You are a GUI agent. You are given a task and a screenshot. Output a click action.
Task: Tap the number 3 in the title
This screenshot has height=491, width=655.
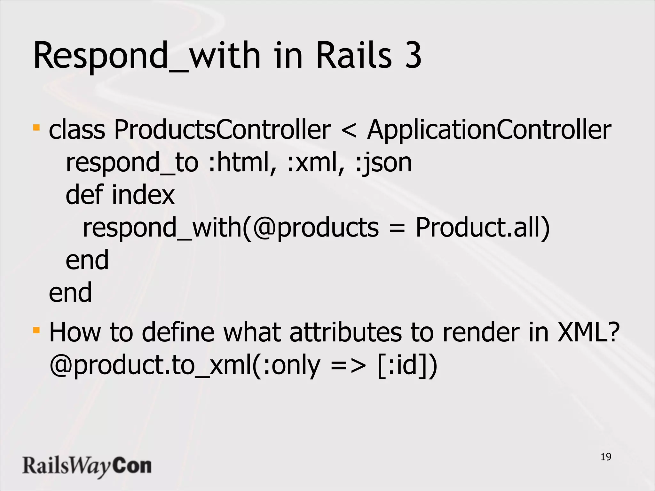413,56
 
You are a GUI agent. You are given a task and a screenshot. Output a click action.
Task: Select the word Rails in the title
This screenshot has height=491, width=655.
354,56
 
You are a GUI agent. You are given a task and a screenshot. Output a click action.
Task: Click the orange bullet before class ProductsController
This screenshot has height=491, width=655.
36,128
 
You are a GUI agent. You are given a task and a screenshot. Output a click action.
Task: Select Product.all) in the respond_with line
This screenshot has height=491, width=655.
482,228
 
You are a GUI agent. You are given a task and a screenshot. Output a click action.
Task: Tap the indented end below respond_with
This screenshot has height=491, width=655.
87,260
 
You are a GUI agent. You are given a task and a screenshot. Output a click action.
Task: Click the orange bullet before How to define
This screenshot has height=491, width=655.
36,330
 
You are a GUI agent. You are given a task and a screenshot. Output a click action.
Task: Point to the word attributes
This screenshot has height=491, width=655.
345,332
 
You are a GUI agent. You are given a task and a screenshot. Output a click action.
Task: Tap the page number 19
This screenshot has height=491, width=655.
606,457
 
